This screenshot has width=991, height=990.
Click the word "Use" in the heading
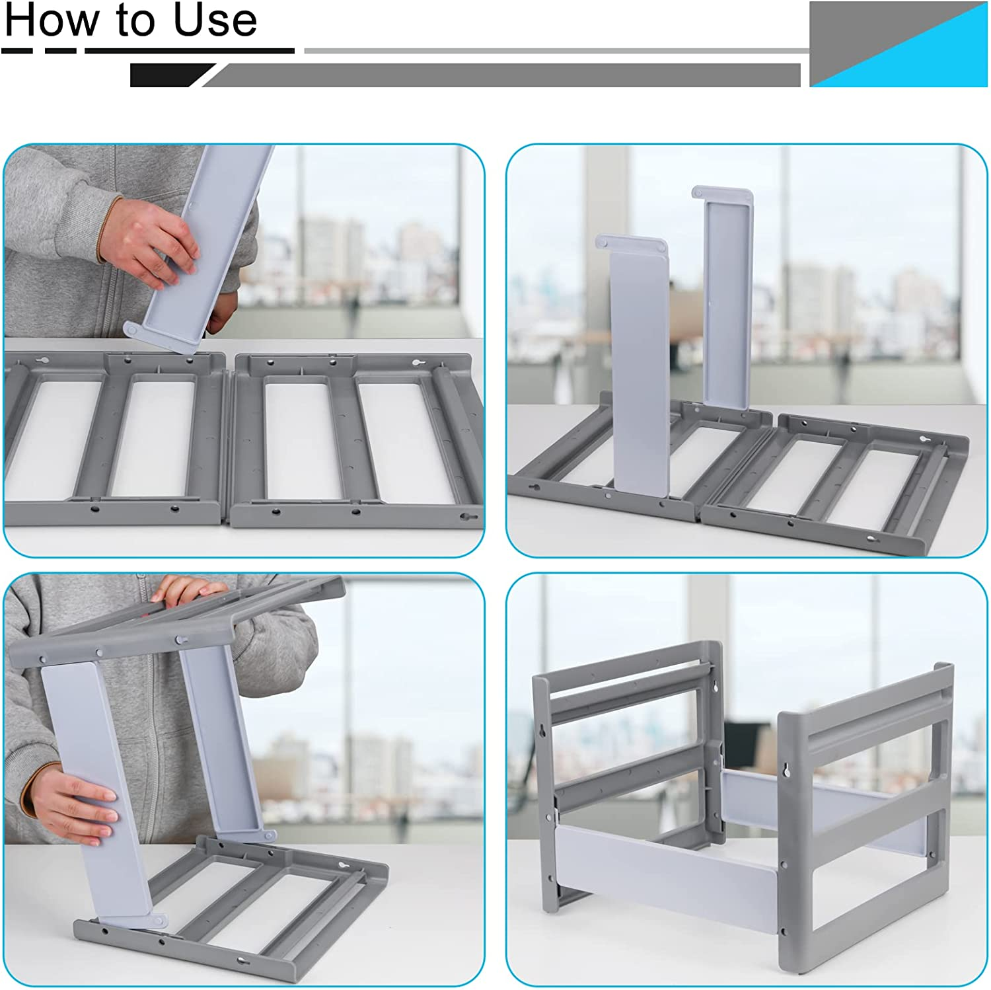(215, 21)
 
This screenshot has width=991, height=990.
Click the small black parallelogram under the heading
(168, 75)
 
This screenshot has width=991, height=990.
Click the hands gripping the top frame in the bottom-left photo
(188, 591)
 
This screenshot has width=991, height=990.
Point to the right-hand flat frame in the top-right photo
(839, 482)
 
